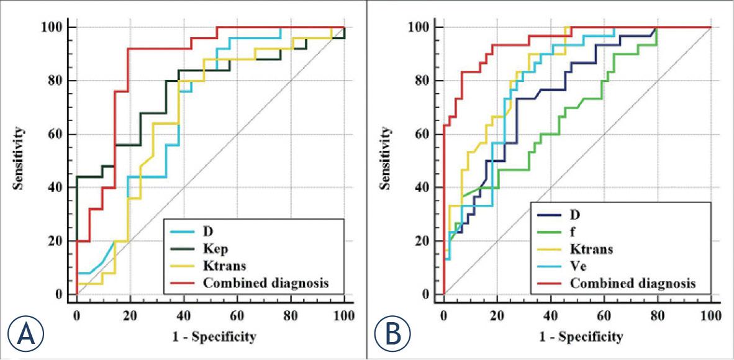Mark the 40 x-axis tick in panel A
point(183,315)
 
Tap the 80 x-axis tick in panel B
point(657,315)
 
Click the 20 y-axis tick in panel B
point(422,241)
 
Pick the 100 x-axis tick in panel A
point(343,315)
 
